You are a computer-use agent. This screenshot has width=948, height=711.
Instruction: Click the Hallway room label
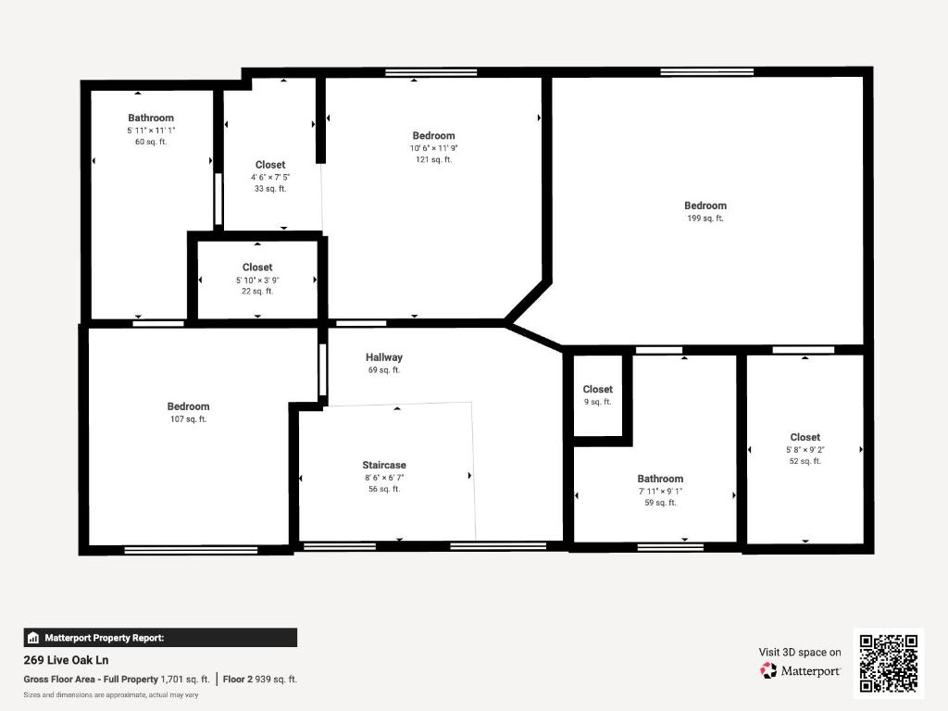pyautogui.click(x=383, y=357)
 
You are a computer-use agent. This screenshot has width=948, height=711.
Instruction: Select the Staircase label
pyautogui.click(x=384, y=465)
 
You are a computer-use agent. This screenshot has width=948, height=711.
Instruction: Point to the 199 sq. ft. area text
pyautogui.click(x=705, y=218)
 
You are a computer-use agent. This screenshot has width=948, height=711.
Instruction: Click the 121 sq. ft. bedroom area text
pyautogui.click(x=433, y=160)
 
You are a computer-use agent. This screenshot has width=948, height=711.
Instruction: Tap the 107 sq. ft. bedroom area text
pyautogui.click(x=188, y=419)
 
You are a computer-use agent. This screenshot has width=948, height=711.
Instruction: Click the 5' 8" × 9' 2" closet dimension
pyautogui.click(x=805, y=449)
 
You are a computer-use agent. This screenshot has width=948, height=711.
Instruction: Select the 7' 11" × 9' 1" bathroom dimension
pyautogui.click(x=660, y=491)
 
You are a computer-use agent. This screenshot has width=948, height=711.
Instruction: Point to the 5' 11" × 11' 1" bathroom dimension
pyautogui.click(x=151, y=131)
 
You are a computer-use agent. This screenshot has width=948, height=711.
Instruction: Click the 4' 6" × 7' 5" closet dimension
pyautogui.click(x=270, y=177)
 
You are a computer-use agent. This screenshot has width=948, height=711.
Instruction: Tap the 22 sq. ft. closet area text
pyautogui.click(x=257, y=292)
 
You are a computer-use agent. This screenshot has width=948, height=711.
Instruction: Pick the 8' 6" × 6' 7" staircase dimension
pyautogui.click(x=384, y=477)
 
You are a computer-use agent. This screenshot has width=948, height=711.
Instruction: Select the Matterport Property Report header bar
pyautogui.click(x=160, y=637)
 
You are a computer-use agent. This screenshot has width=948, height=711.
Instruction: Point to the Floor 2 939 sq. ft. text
pyautogui.click(x=260, y=679)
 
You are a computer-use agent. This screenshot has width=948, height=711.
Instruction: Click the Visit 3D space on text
pyautogui.click(x=800, y=652)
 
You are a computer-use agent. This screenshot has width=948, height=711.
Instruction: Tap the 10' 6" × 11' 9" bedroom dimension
pyautogui.click(x=433, y=148)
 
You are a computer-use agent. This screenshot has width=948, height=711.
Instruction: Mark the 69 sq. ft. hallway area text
pyautogui.click(x=383, y=370)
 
